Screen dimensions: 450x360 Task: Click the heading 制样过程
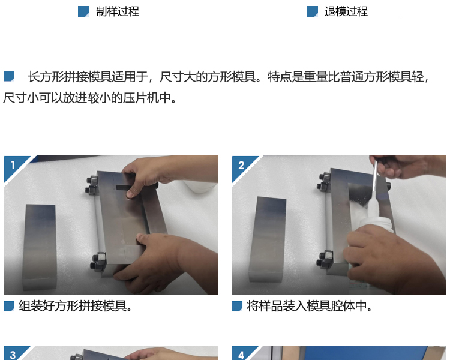(118, 11)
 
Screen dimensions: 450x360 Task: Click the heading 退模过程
(346, 11)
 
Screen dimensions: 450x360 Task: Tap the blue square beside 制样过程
(83, 11)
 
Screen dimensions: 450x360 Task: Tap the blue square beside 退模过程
(313, 11)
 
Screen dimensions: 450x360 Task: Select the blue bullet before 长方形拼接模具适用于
(9, 76)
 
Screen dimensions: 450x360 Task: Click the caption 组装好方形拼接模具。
(76, 306)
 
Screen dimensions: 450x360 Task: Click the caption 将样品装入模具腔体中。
(310, 306)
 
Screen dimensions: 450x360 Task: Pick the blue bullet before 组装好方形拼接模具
(9, 306)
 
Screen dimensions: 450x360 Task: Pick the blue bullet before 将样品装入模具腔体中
(238, 306)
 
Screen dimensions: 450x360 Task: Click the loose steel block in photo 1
(40, 247)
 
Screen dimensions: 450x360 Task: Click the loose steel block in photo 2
(268, 239)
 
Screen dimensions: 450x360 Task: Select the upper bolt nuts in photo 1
(92, 185)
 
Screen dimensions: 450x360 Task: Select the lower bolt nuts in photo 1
(98, 261)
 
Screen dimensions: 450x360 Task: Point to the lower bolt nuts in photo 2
(325, 258)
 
